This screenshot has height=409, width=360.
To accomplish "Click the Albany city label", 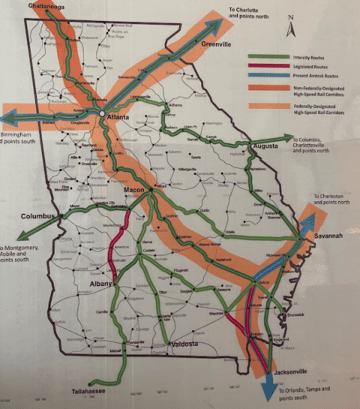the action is (100, 285).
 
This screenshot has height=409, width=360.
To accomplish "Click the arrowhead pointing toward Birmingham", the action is (7, 118).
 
